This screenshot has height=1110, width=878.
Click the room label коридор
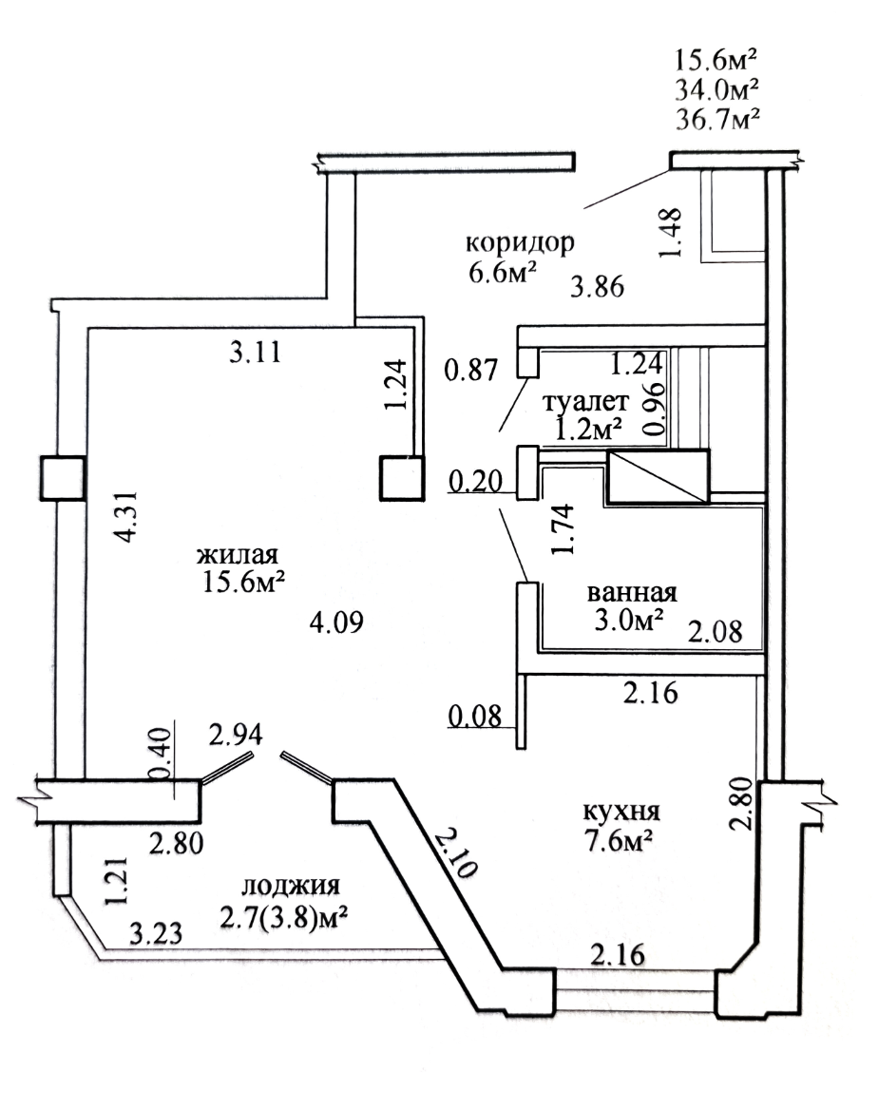click(520, 243)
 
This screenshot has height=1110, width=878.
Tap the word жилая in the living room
click(237, 554)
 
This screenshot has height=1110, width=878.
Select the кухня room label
click(621, 811)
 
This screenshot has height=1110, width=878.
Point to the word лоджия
click(291, 886)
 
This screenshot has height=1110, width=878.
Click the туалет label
click(585, 402)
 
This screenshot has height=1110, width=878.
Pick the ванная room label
click(632, 592)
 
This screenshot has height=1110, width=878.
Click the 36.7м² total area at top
click(717, 118)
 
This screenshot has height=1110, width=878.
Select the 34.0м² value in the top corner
click(717, 89)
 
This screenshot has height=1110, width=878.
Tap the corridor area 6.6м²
click(503, 272)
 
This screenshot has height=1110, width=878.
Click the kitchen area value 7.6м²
click(618, 842)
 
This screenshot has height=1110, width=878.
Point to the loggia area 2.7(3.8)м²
click(283, 918)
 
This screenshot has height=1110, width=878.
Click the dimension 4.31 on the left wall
click(126, 517)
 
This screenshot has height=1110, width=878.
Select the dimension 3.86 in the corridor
click(598, 287)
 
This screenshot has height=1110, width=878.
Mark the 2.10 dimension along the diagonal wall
click(455, 852)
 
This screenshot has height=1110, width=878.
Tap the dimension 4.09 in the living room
click(337, 622)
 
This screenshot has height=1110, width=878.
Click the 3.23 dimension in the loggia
click(157, 934)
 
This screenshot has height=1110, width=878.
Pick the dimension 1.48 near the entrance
click(671, 232)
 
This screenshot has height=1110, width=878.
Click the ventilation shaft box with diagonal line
click(658, 477)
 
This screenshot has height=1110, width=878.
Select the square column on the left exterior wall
click(63, 479)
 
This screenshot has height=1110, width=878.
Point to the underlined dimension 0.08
click(475, 717)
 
